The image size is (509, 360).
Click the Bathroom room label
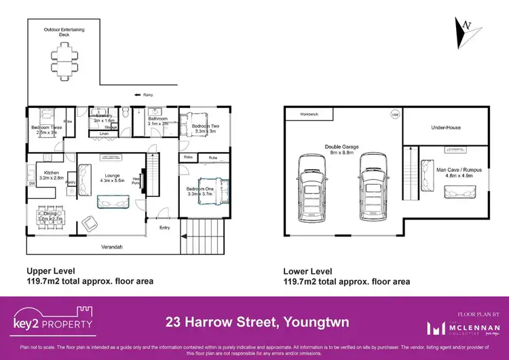point(158,120)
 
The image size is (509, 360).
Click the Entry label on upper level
point(165,228)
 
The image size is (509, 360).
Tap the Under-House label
point(445,127)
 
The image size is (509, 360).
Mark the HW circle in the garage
point(394,115)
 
